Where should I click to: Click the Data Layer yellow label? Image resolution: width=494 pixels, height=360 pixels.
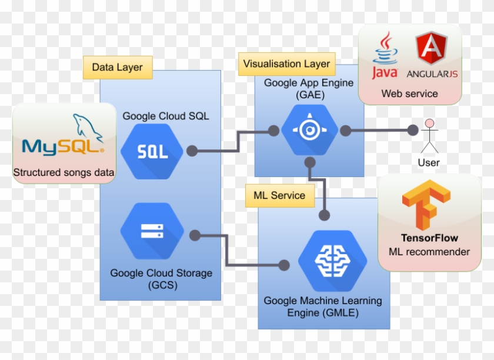click(118, 68)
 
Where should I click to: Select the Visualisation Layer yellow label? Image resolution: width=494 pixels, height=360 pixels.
click(287, 64)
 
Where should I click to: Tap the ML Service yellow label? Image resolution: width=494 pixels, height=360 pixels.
click(280, 195)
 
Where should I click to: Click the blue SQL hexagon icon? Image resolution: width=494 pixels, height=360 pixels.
click(152, 151)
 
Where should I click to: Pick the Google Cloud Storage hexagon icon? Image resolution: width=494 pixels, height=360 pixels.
click(152, 231)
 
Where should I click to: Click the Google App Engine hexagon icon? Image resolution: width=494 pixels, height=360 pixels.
click(309, 130)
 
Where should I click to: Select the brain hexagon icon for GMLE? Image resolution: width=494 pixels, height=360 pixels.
click(332, 261)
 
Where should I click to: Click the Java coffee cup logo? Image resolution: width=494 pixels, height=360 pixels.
click(385, 55)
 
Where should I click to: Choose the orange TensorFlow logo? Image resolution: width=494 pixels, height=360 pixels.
click(426, 205)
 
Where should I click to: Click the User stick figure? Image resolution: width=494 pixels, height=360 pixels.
click(429, 136)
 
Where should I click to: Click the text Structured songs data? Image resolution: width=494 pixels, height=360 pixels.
click(64, 172)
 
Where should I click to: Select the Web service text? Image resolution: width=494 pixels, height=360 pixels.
click(409, 94)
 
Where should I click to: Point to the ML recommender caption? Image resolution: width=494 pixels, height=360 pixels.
click(429, 252)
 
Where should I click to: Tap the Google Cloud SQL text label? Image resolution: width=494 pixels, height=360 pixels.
click(166, 116)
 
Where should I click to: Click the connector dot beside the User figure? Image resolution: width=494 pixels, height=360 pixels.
click(413, 130)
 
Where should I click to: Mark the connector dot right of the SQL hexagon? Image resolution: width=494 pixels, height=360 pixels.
click(192, 151)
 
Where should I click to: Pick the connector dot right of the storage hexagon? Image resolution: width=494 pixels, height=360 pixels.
click(195, 235)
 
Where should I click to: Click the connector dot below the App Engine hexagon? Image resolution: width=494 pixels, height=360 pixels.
click(310, 162)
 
